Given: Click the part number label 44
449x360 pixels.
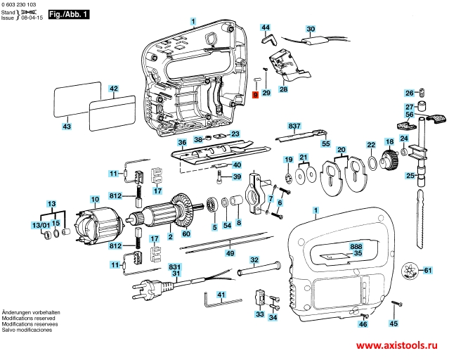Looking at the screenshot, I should click(266, 27).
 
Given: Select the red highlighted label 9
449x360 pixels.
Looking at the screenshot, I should click(255, 93).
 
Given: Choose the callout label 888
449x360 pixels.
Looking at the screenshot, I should click(357, 247).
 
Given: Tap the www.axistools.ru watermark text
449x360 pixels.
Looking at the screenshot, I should click(396, 347).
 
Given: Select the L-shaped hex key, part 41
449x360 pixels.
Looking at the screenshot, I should click(211, 302).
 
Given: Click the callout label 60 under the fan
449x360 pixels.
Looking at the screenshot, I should click(186, 233).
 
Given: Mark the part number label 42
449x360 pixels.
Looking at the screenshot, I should click(114, 89).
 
